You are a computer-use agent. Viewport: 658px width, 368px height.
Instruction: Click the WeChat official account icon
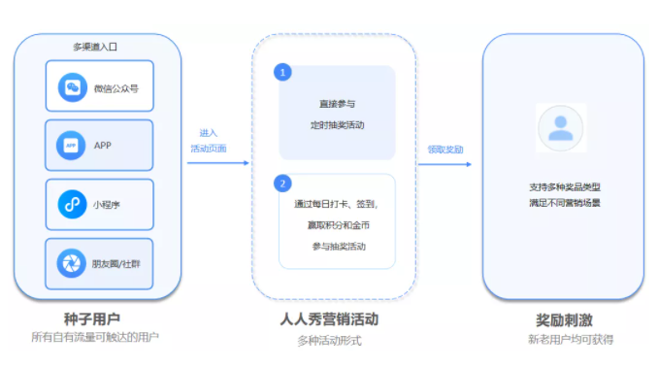click(x=73, y=87)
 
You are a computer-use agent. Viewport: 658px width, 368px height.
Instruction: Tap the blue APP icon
click(x=71, y=146)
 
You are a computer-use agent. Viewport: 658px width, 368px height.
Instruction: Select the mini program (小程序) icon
click(x=72, y=204)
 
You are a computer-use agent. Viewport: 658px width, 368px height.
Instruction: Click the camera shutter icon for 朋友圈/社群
click(x=72, y=263)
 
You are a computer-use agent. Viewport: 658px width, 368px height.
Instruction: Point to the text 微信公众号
click(x=115, y=88)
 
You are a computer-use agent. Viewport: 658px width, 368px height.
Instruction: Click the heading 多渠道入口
click(x=95, y=47)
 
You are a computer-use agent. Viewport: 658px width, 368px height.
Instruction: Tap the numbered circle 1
click(x=282, y=72)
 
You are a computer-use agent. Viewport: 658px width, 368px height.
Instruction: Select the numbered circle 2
click(x=282, y=184)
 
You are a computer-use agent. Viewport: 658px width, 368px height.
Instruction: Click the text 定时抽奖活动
click(x=338, y=125)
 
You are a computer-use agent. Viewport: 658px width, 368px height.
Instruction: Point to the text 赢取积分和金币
click(x=339, y=225)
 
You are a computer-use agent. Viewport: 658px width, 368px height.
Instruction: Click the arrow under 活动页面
click(x=218, y=163)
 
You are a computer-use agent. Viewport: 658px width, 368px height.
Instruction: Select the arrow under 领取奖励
click(x=444, y=164)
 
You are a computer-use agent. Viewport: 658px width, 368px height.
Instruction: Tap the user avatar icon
click(x=561, y=128)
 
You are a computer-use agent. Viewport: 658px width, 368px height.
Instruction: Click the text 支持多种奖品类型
click(x=565, y=187)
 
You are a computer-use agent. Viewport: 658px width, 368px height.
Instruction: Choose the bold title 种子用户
click(x=92, y=318)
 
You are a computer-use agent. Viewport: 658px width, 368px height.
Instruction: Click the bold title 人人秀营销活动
click(x=329, y=319)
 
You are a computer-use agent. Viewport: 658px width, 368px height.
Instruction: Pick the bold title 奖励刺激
click(x=565, y=320)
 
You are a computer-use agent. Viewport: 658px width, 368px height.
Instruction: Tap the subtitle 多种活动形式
click(x=329, y=340)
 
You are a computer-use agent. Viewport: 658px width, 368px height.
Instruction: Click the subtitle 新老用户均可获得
click(x=571, y=339)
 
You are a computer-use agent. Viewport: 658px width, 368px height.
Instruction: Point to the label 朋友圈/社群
click(x=115, y=264)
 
